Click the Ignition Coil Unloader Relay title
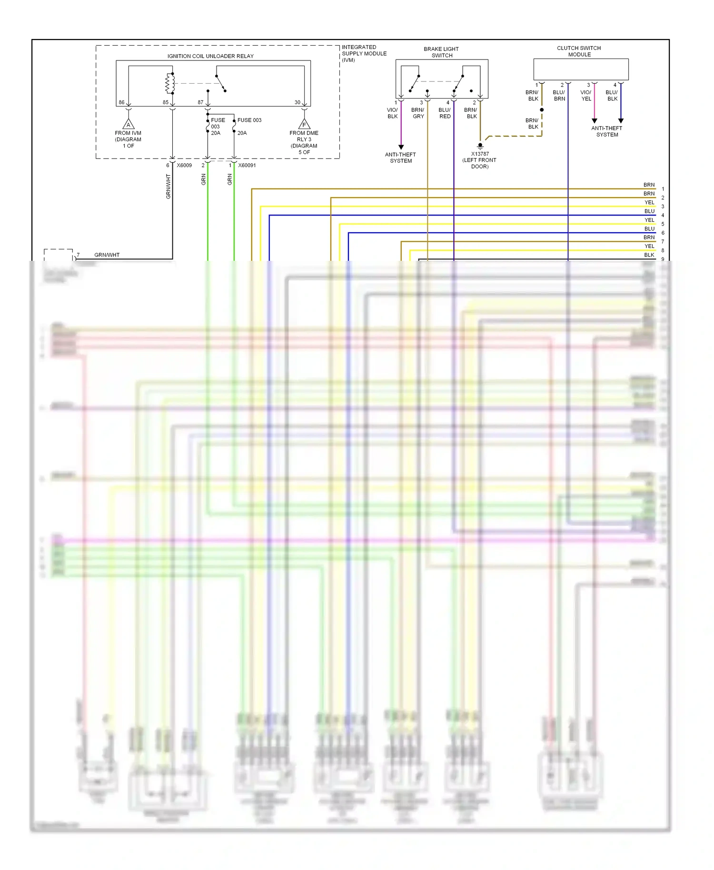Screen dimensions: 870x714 coord(210,56)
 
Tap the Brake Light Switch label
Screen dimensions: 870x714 coord(441,52)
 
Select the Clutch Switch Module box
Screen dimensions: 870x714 coord(581,69)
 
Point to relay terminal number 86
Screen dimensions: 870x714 coord(121,102)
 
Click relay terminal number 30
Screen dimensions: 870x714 coord(297,102)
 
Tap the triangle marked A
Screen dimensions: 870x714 coord(128,125)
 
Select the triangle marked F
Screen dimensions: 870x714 coord(304,125)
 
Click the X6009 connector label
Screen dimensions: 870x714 coord(184,166)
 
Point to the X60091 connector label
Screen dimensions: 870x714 coord(247,166)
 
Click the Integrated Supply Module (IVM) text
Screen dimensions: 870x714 coord(364,53)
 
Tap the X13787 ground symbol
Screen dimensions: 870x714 coord(480,146)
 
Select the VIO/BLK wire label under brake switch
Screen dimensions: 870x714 coord(392,113)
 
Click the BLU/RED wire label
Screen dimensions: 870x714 coord(445,113)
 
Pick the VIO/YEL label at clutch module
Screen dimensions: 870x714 coord(586,96)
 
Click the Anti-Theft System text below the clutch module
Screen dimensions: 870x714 coord(607,131)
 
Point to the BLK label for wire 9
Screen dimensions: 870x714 coord(649,255)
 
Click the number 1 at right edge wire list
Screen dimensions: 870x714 coord(663,189)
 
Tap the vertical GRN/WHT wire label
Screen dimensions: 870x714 coord(168,186)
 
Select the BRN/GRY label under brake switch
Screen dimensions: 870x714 coord(418,113)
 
